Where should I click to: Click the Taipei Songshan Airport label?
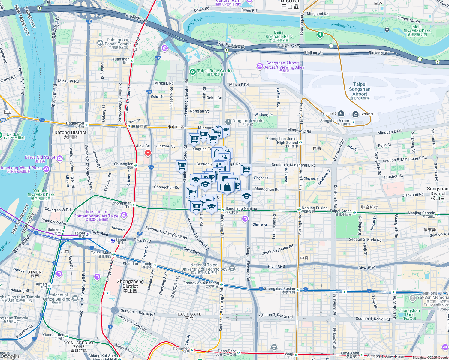coord(360,89)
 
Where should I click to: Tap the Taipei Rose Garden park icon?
coord(192,72)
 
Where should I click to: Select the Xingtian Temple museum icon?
coord(228,121)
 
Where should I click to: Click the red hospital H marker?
coord(148,153)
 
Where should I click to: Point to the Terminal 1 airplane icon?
coord(355,114)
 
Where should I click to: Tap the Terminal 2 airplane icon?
coord(341,113)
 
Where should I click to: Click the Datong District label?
coord(70,134)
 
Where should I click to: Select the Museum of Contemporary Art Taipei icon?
coord(124,215)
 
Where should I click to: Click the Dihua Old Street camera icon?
coord(60,158)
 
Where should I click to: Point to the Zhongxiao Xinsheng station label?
coord(201,283)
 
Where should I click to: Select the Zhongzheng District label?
coord(130,284)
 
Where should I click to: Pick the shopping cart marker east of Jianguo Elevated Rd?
coord(246,169)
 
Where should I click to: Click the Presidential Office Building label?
coord(57,297)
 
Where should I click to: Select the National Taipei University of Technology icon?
coord(232,268)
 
